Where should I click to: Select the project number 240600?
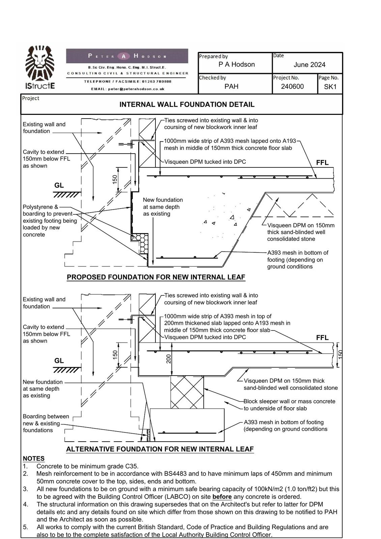[292, 87]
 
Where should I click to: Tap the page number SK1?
[330, 87]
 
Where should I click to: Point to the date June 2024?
[310, 65]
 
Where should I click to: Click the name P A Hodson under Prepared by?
[236, 64]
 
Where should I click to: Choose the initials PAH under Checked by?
[231, 87]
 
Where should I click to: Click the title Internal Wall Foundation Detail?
[187, 105]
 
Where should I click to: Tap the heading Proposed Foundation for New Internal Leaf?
[156, 277]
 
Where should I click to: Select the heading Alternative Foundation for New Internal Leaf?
[160, 449]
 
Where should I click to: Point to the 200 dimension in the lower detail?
[169, 359]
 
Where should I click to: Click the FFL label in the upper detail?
[322, 163]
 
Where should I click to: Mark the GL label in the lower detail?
[59, 361]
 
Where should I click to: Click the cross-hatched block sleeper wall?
[187, 392]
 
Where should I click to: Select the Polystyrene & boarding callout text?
[50, 221]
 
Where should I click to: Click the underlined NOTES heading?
[33, 458]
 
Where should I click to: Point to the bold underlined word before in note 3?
[222, 497]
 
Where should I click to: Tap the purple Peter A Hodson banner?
[127, 56]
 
